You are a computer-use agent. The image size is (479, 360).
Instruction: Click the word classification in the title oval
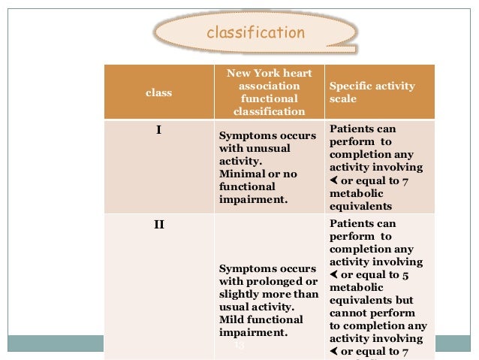255,32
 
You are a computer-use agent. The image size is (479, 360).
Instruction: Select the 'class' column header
158,93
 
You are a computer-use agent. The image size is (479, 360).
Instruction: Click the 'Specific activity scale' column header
372,92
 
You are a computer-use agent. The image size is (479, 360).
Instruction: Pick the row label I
158,129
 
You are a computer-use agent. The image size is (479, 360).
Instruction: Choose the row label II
158,224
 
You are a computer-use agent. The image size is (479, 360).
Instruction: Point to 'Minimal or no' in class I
258,174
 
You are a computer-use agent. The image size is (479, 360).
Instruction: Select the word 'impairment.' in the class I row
252,199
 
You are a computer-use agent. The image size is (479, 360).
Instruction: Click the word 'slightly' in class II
239,294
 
